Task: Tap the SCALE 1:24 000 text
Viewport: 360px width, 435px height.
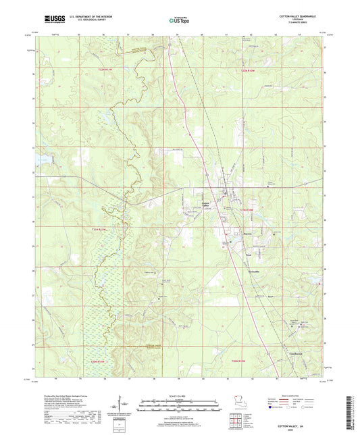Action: point(180,395)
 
